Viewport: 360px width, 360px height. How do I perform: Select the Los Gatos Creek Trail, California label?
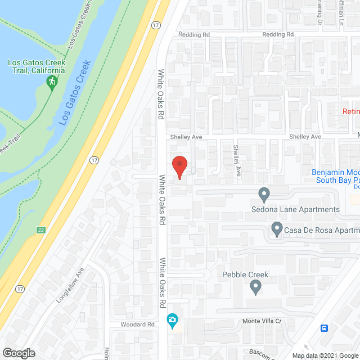coord(36,66)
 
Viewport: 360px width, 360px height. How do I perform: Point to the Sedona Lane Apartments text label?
coord(295,210)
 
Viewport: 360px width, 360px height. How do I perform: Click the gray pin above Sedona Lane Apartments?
coord(264,195)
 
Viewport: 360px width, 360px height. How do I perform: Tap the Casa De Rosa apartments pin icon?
coord(276,229)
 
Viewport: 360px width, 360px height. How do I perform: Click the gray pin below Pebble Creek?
coord(256,287)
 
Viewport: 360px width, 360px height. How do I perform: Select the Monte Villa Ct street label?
coord(261,321)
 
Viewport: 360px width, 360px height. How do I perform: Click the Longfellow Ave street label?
coord(69,285)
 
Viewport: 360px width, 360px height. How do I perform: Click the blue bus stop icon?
coord(325,328)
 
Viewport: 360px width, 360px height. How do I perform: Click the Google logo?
coord(18,353)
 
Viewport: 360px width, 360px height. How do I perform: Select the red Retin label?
coord(351,111)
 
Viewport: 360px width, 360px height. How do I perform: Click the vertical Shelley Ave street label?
coord(237,160)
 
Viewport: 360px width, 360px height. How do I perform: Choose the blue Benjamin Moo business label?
coord(336,173)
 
